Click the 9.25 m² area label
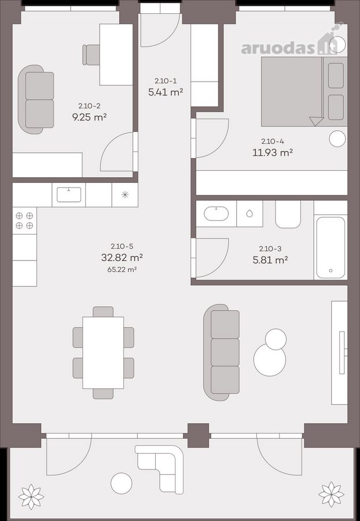[x=89, y=117]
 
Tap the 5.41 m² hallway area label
[x=166, y=92]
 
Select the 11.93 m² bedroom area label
[x=273, y=152]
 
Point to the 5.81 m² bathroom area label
[x=270, y=260]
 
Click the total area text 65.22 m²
[x=122, y=269]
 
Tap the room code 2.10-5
[x=122, y=246]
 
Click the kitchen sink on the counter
[x=69, y=195]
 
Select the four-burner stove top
[x=24, y=221]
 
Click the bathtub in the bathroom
[x=330, y=248]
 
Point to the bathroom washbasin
[x=216, y=214]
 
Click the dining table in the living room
[x=103, y=353]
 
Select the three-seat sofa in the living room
[x=222, y=352]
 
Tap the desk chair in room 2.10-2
[x=91, y=55]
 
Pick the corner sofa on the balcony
[x=161, y=468]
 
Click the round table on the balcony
[x=121, y=483]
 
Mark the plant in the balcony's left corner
[x=31, y=497]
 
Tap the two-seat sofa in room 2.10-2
[x=36, y=100]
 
